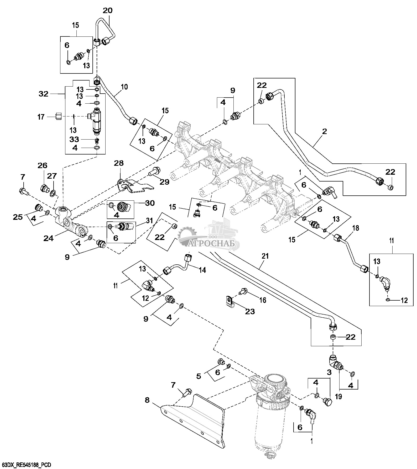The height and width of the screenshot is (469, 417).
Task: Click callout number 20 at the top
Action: pos(107,10)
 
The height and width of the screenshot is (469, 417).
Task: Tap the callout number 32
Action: pos(44,94)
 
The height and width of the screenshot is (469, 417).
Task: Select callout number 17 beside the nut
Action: pos(41,117)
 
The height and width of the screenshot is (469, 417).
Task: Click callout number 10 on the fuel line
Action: pos(124,87)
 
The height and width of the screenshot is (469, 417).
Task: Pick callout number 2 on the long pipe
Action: pos(325,132)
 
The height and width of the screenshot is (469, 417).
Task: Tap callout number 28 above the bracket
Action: pos(118,163)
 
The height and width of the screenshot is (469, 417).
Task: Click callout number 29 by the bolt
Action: pos(165,182)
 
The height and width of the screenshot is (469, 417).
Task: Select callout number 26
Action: pos(42,166)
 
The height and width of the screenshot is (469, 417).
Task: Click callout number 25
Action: pos(18,217)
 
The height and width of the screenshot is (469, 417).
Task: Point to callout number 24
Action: pos(49,238)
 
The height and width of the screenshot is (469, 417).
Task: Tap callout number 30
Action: pos(149,203)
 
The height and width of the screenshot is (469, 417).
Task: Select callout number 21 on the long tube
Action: pos(265,256)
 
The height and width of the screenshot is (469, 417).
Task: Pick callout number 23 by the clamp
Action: pos(250,311)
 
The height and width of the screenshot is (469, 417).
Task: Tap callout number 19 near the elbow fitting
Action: pos(339,397)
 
